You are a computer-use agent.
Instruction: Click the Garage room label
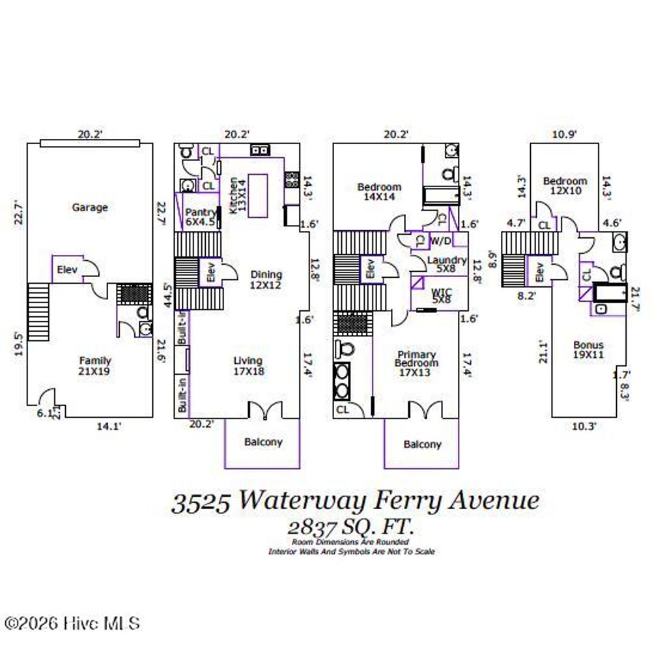90,207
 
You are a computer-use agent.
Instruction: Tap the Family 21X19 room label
95,366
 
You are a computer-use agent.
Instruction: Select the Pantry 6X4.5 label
200,217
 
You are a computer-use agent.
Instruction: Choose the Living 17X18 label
248,366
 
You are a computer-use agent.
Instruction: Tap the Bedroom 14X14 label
379,192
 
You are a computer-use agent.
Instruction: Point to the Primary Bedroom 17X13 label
417,363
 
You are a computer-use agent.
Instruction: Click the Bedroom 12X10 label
565,186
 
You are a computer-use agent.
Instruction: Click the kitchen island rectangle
257,195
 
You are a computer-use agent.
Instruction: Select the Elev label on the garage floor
67,269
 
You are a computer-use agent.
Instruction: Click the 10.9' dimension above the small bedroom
565,134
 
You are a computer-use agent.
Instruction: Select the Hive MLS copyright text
72,623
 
